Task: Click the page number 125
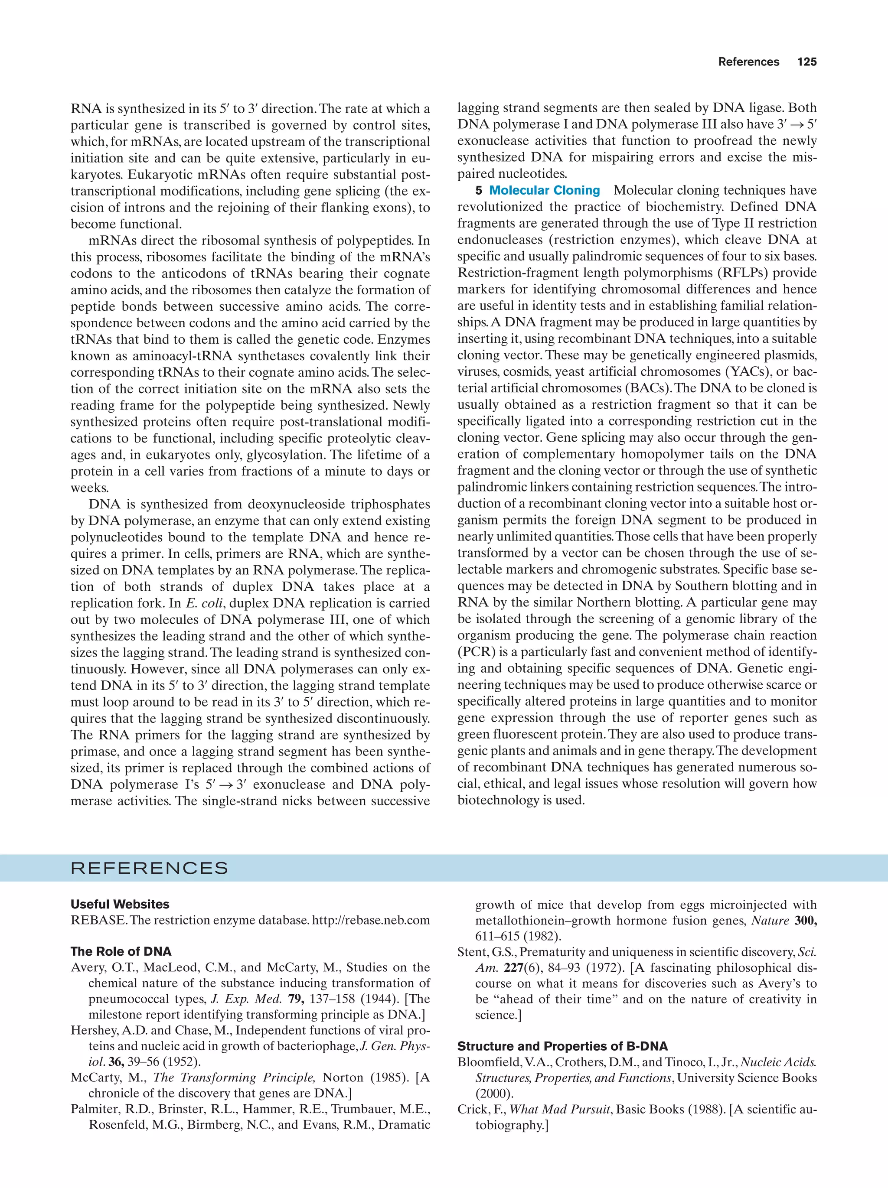pyautogui.click(x=806, y=62)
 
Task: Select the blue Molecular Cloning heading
pyautogui.click(x=544, y=191)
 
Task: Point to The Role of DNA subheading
pyautogui.click(x=121, y=952)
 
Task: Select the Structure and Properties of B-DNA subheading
pyautogui.click(x=562, y=1046)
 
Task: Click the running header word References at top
pyautogui.click(x=748, y=62)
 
